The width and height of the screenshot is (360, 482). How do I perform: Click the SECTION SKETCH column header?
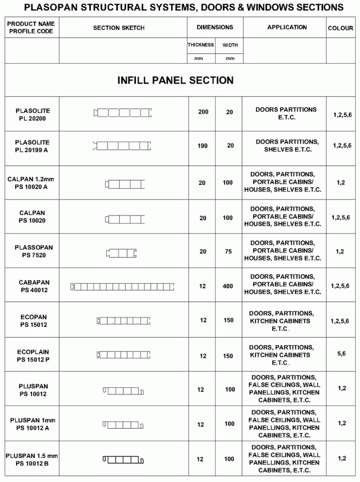tap(119, 28)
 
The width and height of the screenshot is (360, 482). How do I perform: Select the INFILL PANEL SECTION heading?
tap(175, 80)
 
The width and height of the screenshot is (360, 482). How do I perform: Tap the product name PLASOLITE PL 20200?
tap(32, 115)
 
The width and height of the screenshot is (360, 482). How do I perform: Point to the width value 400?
tap(228, 286)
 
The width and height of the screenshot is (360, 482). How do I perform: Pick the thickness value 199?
tap(202, 146)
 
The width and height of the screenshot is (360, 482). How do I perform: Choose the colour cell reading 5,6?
tap(341, 353)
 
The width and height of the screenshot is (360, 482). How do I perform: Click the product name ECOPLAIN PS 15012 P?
tap(32, 356)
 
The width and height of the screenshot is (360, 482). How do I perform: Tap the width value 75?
tap(228, 252)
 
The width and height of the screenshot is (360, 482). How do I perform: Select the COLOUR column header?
tap(340, 28)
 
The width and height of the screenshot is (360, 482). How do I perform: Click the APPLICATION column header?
tap(287, 27)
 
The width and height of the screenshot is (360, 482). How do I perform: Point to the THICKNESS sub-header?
tap(201, 45)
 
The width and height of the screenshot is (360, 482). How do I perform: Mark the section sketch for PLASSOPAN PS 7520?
tap(121, 253)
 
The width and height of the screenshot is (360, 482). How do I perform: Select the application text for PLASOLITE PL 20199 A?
tap(287, 145)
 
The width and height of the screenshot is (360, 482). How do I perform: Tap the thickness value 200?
tap(203, 112)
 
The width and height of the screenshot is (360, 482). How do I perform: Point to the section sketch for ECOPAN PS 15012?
tap(122, 321)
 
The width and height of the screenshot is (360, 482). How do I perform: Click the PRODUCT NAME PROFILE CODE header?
tap(31, 28)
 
